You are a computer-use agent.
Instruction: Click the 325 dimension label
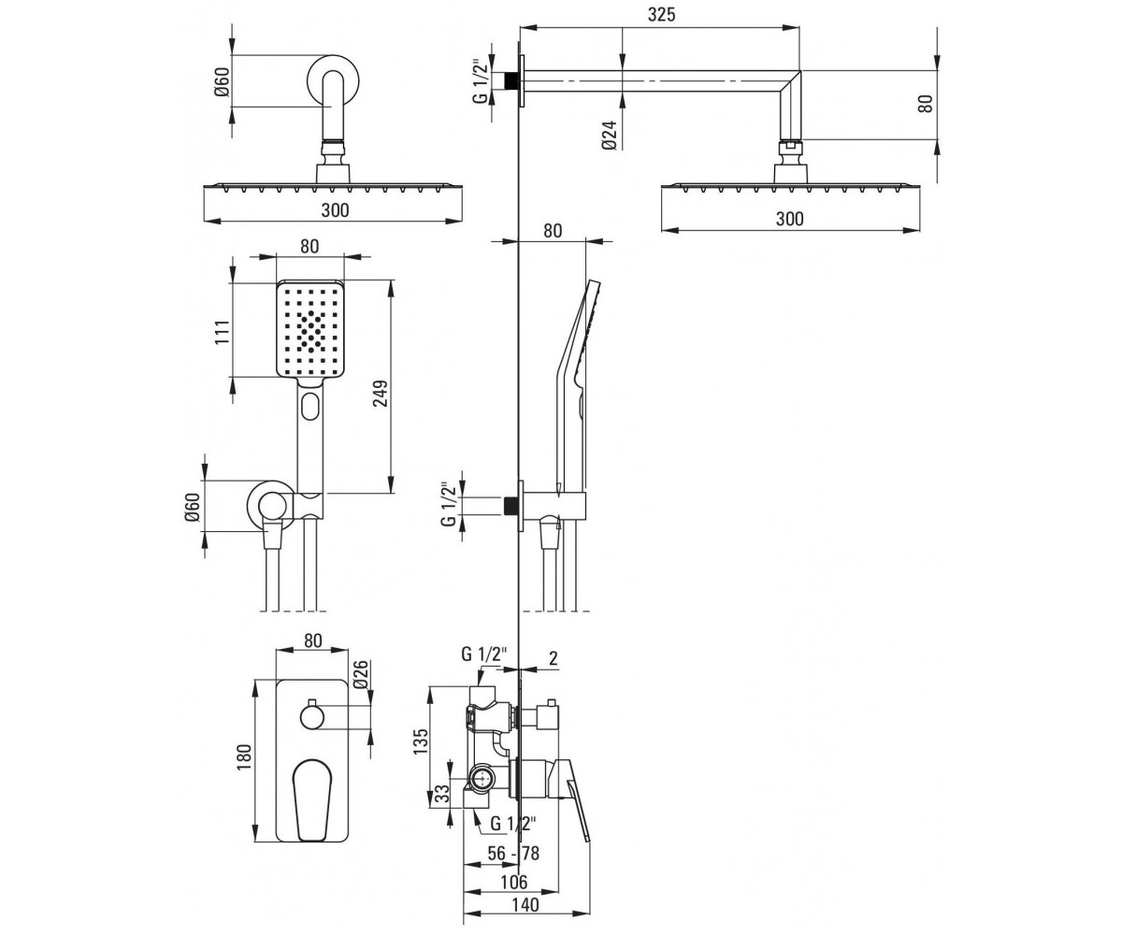coord(661,15)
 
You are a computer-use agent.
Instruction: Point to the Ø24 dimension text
coord(611,136)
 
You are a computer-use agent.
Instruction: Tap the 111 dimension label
coord(223,332)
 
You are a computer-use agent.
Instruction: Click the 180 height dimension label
coord(244,757)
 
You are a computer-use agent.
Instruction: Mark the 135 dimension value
coord(422,741)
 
